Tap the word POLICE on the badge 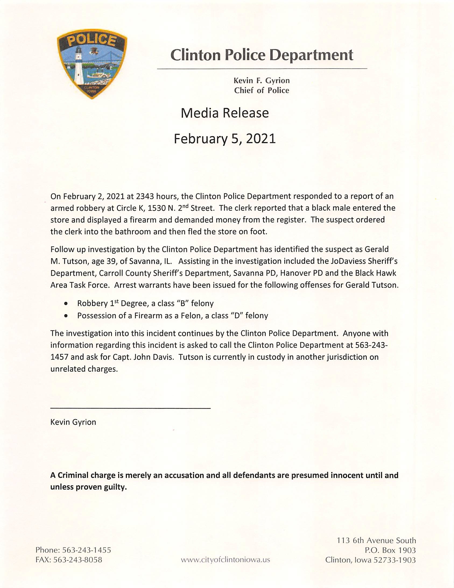tap(91, 40)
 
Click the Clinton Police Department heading tap(262, 55)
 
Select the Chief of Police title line tap(262, 90)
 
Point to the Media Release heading tap(225, 113)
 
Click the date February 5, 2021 tap(225, 139)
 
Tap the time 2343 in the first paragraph tap(145, 196)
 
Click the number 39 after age tap(111, 261)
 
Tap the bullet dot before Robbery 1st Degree tap(66, 304)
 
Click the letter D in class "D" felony tap(237, 316)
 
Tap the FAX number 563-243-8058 tap(78, 560)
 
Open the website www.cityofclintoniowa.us tap(225, 560)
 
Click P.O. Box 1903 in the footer tap(390, 550)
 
